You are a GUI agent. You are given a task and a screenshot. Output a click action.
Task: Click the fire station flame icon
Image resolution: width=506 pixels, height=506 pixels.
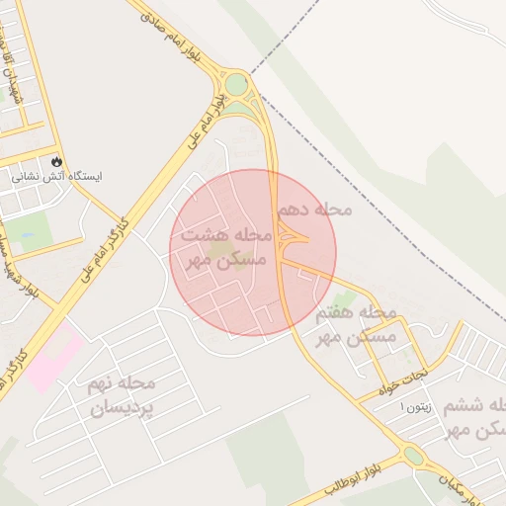[x=56, y=160]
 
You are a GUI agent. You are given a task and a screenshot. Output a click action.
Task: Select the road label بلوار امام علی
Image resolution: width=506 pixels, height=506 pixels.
[x=204, y=118]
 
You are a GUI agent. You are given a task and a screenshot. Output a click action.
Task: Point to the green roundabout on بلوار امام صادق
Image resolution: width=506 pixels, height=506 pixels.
[x=236, y=85]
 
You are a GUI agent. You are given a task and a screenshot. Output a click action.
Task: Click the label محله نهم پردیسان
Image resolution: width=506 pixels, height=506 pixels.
[x=122, y=394]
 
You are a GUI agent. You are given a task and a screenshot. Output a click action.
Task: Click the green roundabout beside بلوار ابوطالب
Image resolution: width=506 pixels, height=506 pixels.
[x=413, y=457]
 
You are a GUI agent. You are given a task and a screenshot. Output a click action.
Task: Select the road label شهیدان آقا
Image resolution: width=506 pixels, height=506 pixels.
[x=12, y=69]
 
